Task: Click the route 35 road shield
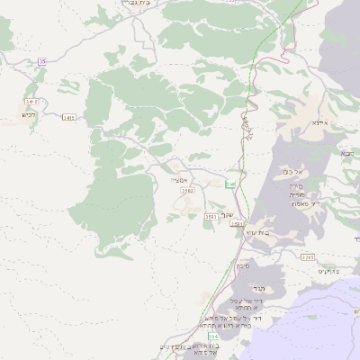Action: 42,61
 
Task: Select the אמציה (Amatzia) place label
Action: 176,180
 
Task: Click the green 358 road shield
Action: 230,184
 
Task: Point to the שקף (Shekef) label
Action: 227,215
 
